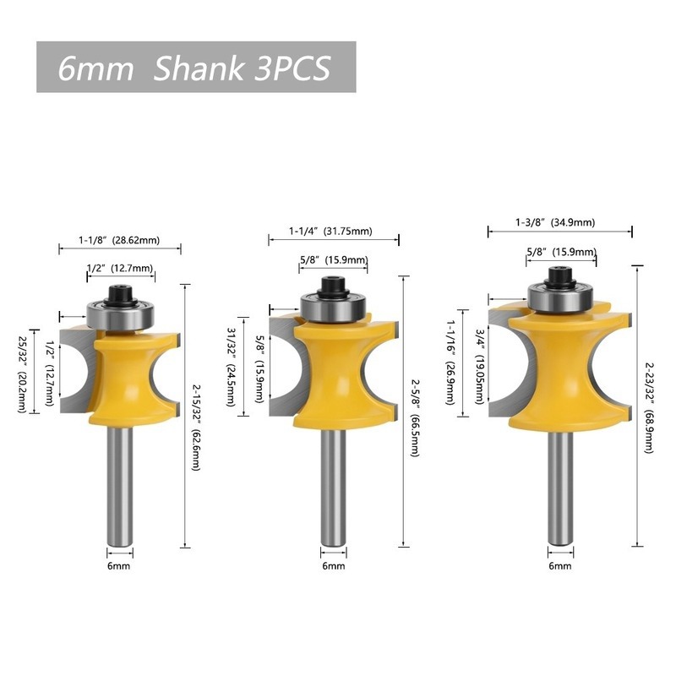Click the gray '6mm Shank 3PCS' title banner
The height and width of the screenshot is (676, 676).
pos(196,67)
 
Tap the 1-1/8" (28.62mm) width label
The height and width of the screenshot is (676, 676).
pos(119,240)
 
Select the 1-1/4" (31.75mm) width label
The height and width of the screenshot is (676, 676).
pos(330,231)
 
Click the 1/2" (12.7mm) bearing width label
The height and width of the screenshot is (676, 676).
pos(120,268)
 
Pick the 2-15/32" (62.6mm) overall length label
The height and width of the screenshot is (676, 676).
pos(197,428)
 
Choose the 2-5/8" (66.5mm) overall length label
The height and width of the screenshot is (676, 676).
pos(415,417)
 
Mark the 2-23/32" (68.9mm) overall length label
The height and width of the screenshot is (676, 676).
pos(649,406)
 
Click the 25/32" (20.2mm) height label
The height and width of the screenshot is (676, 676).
pos(23,373)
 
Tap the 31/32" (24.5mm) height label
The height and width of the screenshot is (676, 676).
pos(231,367)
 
